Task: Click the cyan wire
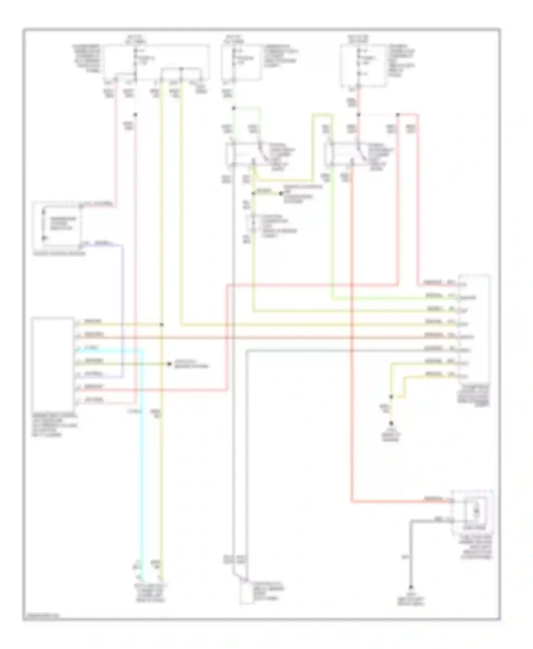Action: click(x=142, y=462)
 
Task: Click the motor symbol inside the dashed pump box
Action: click(x=476, y=512)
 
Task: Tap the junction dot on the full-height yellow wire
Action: click(x=162, y=324)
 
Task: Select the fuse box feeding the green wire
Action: click(x=242, y=62)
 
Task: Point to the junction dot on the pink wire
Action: click(x=135, y=115)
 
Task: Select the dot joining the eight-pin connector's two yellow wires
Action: click(x=391, y=397)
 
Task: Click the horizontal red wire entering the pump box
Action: click(x=402, y=502)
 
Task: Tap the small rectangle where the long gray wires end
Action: click(x=245, y=592)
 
